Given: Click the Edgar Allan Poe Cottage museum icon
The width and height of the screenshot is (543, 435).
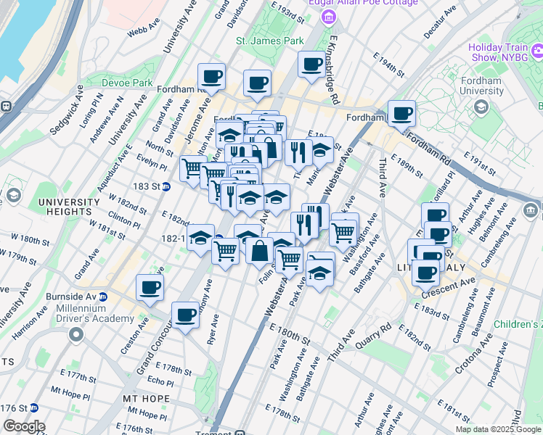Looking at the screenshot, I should pos(330,17).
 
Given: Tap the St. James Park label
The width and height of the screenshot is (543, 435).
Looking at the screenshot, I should pos(270,41).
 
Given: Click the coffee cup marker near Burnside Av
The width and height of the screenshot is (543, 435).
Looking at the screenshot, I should pos(150,288).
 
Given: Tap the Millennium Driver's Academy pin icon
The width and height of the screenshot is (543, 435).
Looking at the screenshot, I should pos(75,335).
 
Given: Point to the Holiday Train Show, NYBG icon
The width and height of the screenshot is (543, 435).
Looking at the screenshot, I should pos(538,51).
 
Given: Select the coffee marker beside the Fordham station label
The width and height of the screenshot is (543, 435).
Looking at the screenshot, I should pos(401,113).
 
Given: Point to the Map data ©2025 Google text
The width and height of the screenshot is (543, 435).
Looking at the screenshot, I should pos(498,429).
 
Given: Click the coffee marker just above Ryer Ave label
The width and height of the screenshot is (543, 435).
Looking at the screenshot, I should pos(186,315).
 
